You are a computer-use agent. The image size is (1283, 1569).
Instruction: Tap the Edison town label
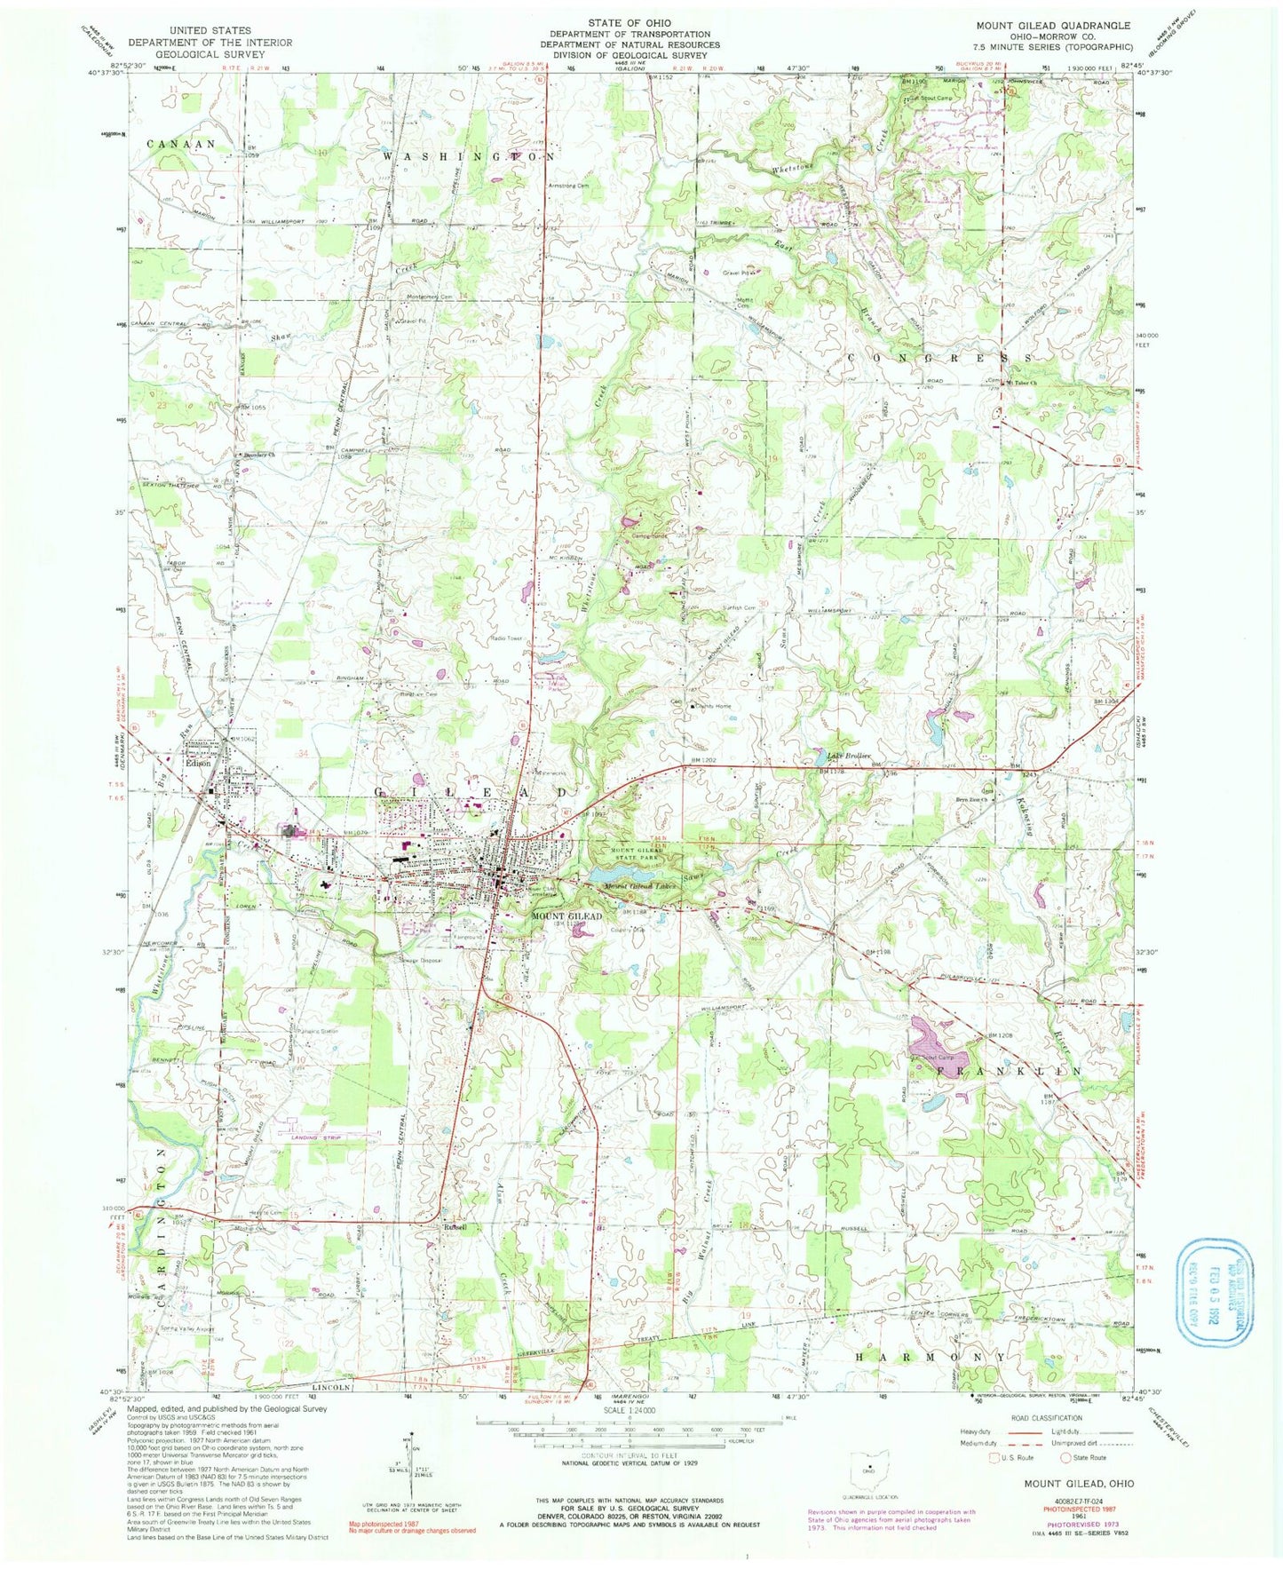(x=196, y=761)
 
